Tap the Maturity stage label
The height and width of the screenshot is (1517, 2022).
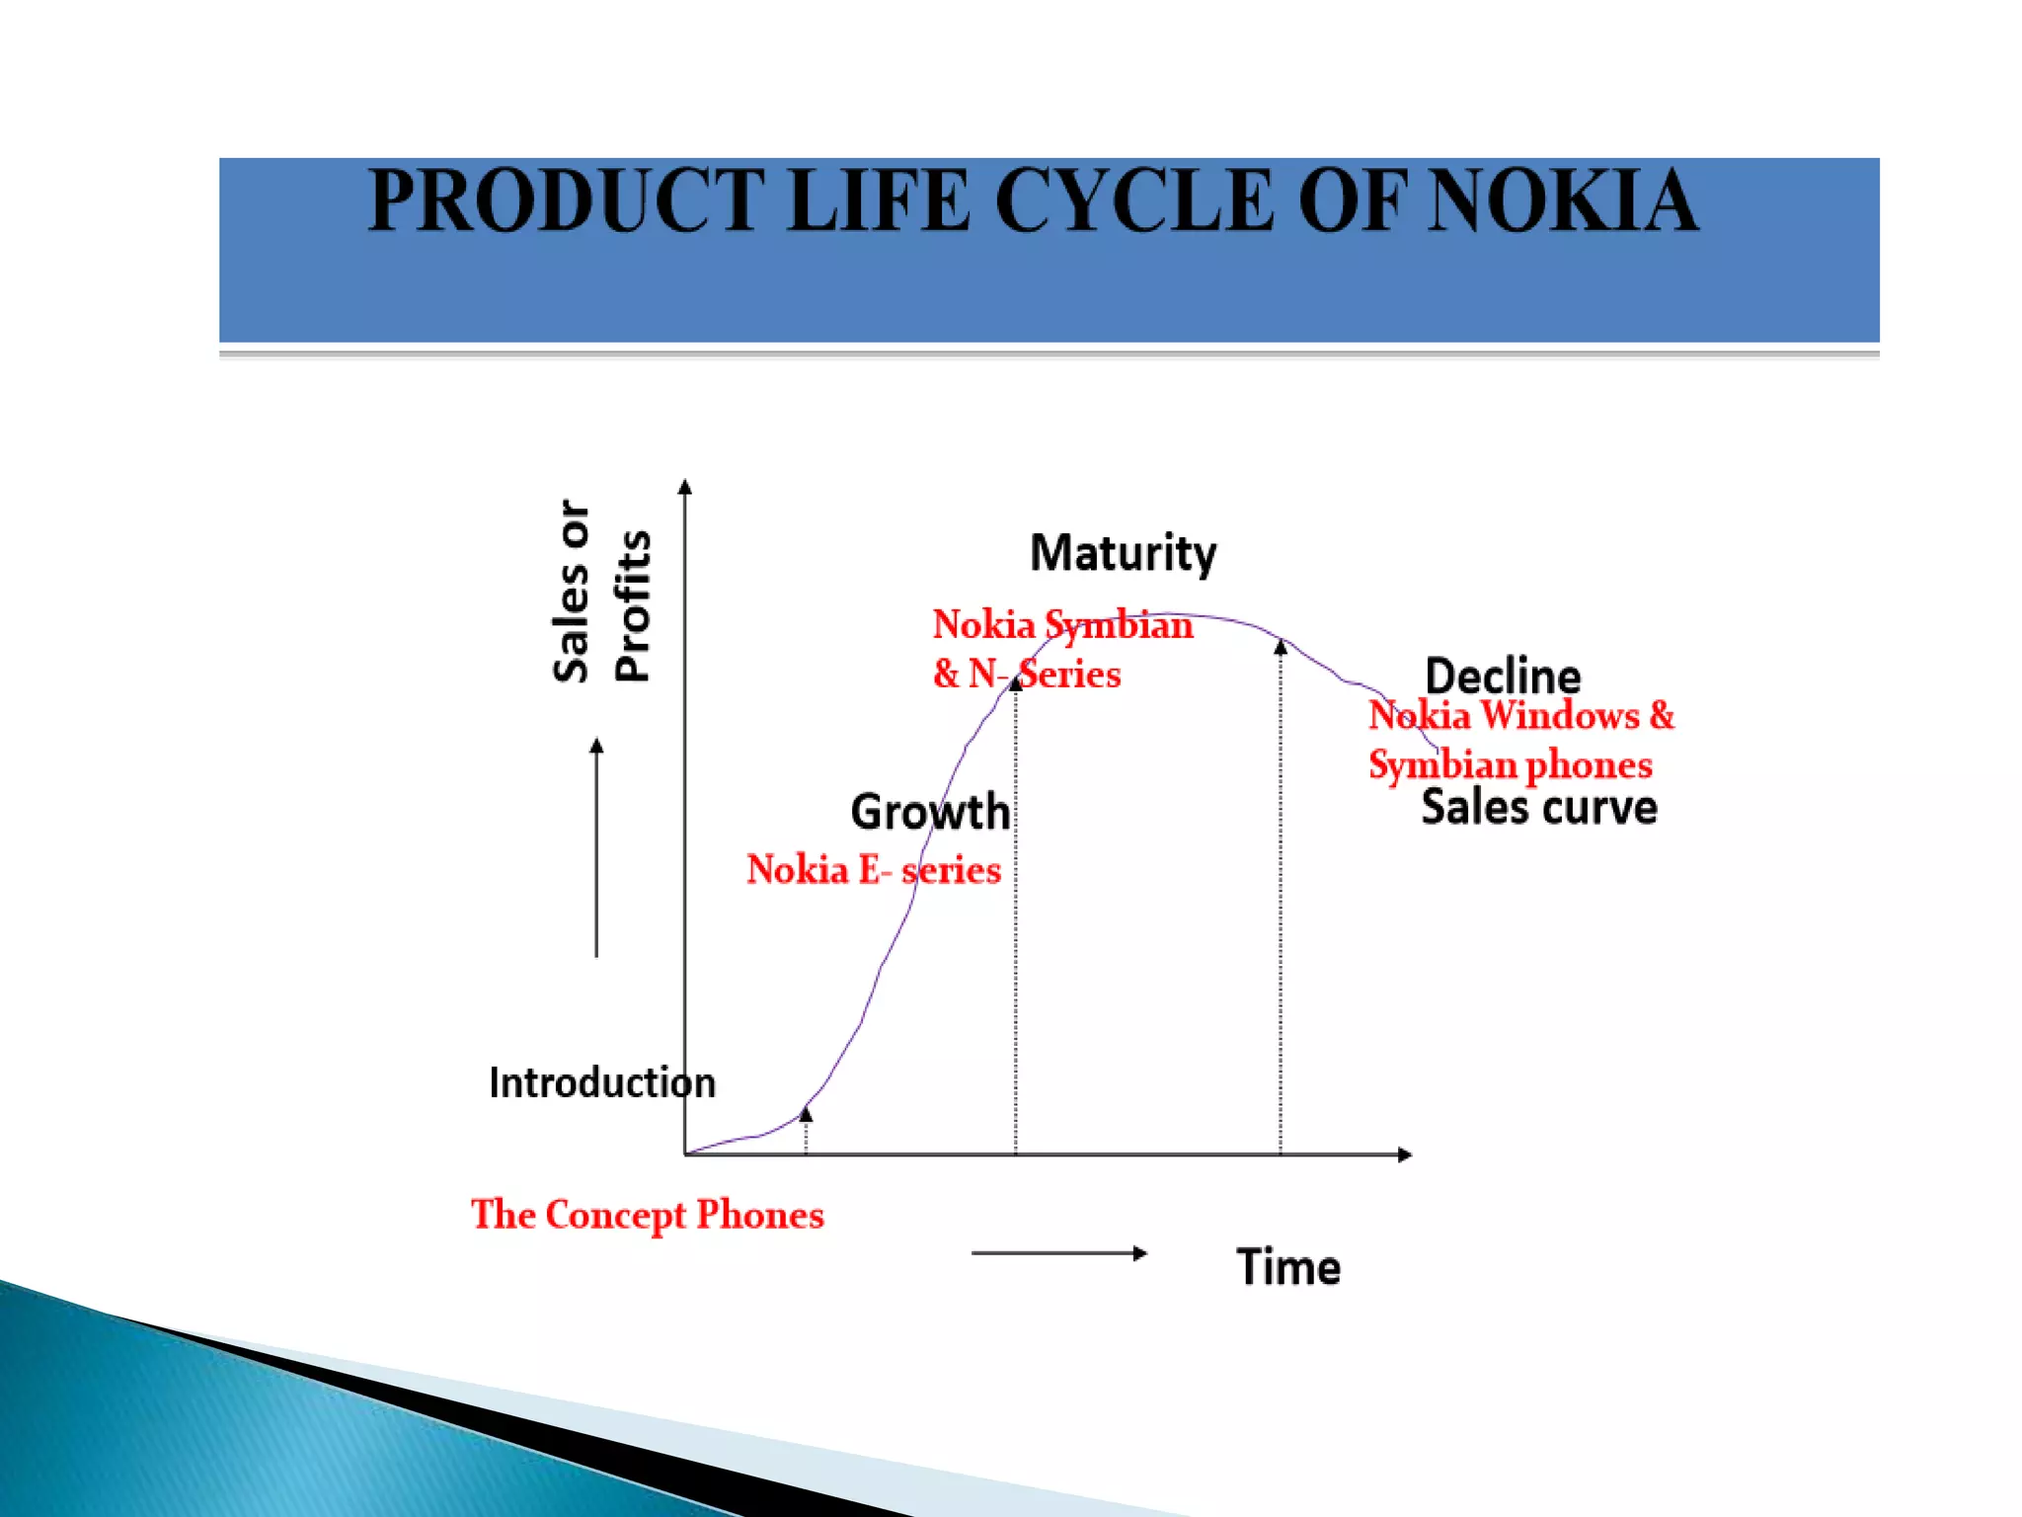pyautogui.click(x=1123, y=553)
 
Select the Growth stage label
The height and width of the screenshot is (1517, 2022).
pyautogui.click(x=930, y=812)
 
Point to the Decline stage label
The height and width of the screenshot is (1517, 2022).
pyautogui.click(x=1502, y=677)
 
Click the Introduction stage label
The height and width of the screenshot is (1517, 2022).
pyautogui.click(x=601, y=1083)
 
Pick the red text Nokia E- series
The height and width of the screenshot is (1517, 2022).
pyautogui.click(x=873, y=870)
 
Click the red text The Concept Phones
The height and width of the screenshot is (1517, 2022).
pyautogui.click(x=647, y=1215)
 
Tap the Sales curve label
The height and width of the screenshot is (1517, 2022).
pyautogui.click(x=1538, y=808)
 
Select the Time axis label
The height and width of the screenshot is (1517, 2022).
pyautogui.click(x=1287, y=1267)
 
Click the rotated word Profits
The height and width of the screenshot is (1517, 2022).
pyautogui.click(x=633, y=605)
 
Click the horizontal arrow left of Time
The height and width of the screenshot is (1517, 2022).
pyautogui.click(x=1058, y=1253)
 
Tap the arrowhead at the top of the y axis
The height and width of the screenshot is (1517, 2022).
pyautogui.click(x=685, y=486)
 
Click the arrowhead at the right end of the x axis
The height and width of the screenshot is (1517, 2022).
pyautogui.click(x=1405, y=1155)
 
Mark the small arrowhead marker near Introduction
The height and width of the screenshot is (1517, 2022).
pyautogui.click(x=806, y=1114)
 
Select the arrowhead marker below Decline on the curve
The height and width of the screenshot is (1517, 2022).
pyautogui.click(x=1281, y=647)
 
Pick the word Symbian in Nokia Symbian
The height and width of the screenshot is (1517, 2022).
pyautogui.click(x=1119, y=625)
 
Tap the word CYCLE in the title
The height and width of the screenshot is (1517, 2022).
pyautogui.click(x=1134, y=201)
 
